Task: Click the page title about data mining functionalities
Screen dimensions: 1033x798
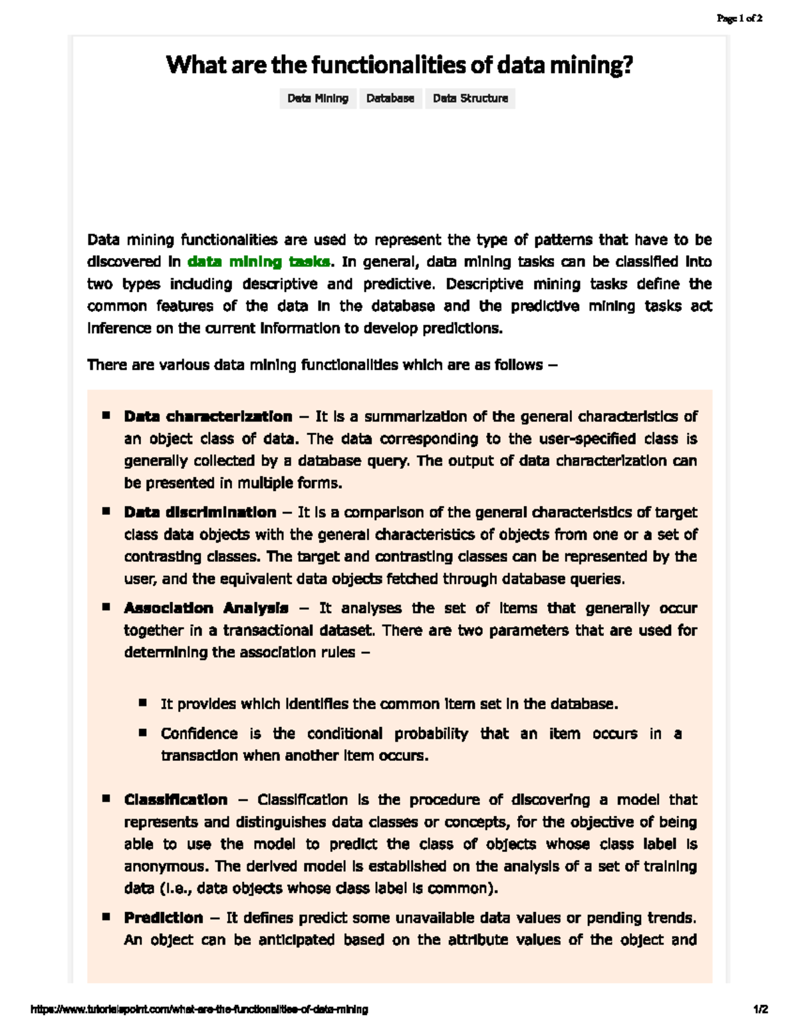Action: coord(399,65)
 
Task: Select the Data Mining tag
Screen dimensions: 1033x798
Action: coord(318,98)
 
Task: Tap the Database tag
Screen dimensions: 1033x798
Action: coord(390,98)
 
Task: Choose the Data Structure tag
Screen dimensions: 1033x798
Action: coord(470,98)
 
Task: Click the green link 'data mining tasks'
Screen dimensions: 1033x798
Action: coord(259,262)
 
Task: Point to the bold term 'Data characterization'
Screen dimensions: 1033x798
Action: coord(208,417)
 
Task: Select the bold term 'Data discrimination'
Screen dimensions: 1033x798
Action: coord(200,513)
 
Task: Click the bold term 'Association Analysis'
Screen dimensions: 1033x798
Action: coord(206,609)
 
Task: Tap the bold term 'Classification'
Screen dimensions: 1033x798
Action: coord(176,800)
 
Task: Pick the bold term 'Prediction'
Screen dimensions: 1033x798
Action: coord(164,919)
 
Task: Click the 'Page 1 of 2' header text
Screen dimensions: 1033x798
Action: coord(739,19)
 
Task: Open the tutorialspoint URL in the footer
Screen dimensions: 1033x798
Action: coord(199,1010)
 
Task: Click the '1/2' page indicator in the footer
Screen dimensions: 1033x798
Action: coord(761,1010)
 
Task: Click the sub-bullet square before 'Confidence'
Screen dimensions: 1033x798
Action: coord(143,733)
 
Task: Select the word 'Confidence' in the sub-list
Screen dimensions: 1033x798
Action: coord(199,734)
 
